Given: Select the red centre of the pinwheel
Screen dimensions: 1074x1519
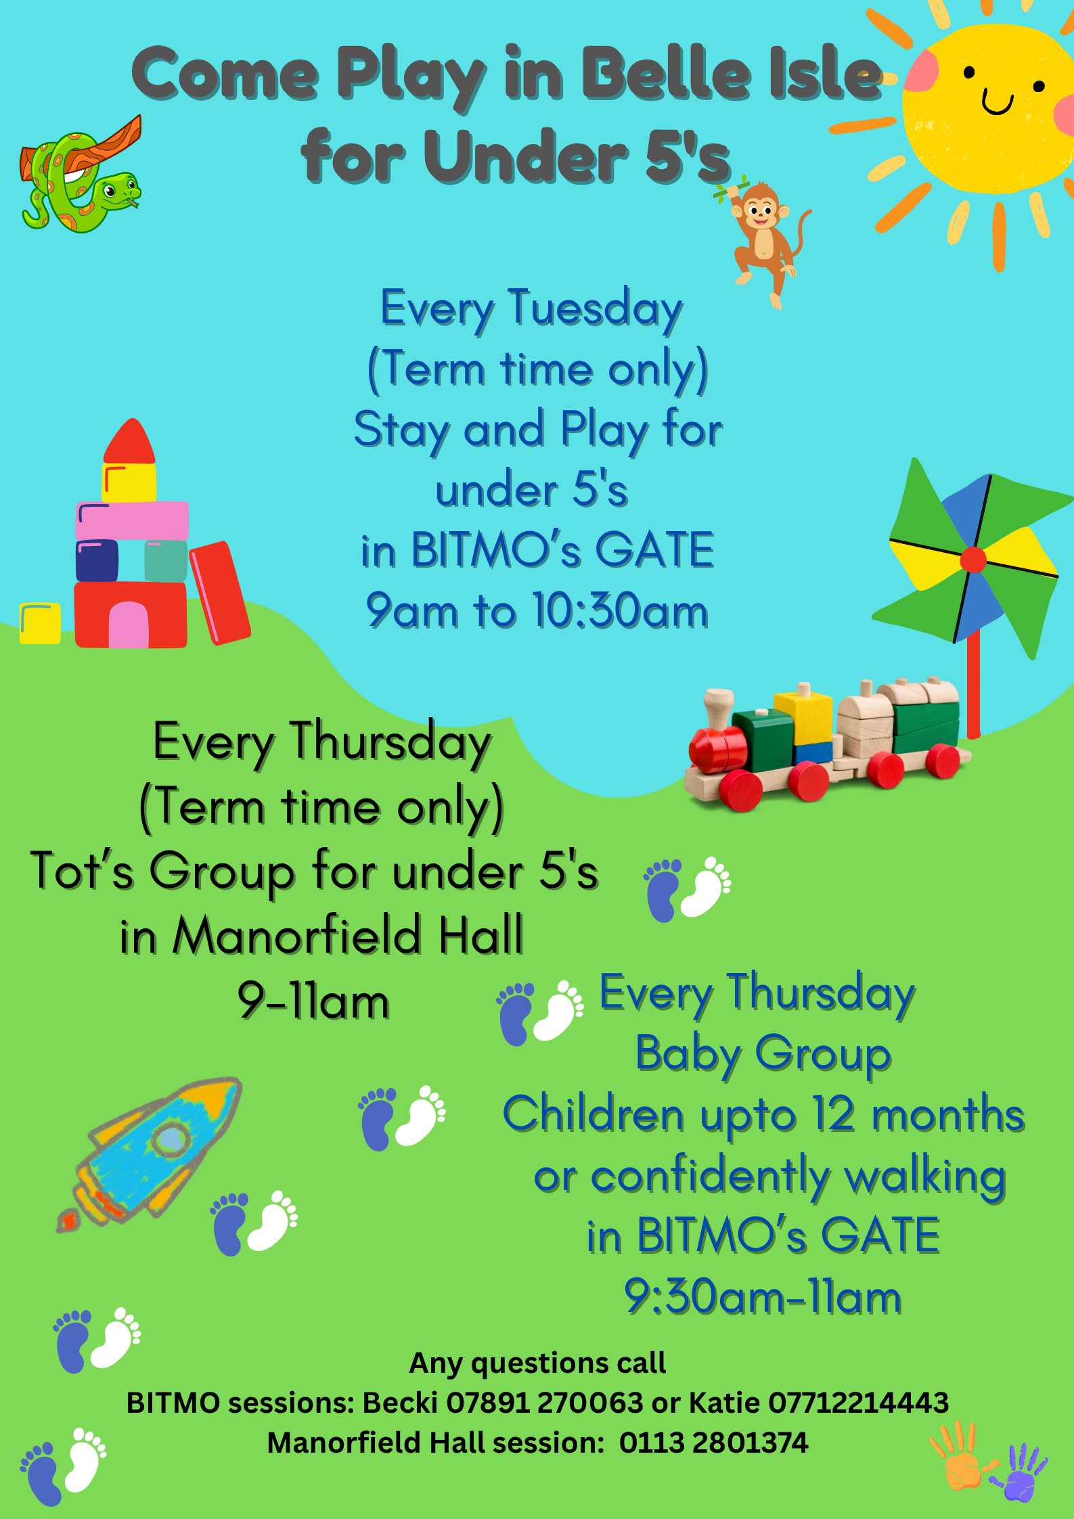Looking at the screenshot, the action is click(973, 560).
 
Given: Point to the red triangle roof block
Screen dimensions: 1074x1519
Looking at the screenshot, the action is click(129, 441).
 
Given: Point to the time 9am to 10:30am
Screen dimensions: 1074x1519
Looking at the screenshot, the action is click(537, 610).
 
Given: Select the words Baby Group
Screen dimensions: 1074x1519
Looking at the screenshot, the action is click(763, 1053).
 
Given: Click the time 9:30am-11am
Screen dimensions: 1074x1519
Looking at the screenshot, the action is click(763, 1296).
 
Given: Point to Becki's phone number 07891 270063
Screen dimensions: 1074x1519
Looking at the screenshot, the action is click(544, 1403).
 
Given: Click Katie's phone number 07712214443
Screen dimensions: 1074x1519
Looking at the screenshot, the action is click(858, 1403).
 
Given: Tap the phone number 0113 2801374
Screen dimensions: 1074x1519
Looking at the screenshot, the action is click(713, 1443).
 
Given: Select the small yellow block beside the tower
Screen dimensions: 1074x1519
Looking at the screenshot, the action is click(40, 622).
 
